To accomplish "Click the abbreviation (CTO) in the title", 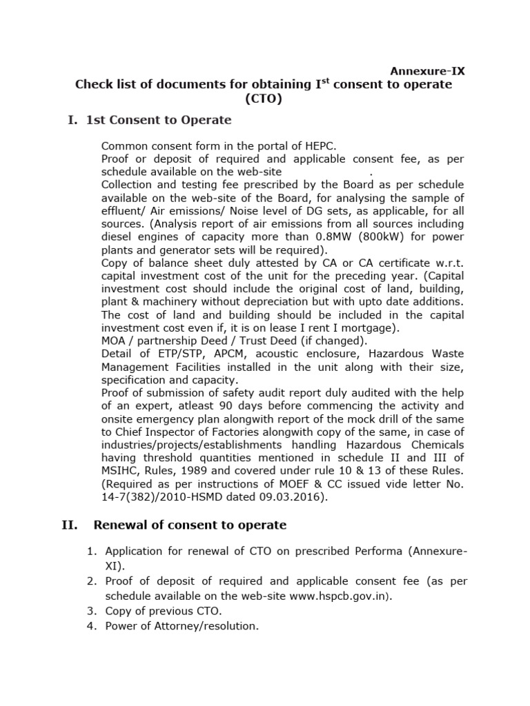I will click(264, 99).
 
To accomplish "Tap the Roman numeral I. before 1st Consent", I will click(72, 121).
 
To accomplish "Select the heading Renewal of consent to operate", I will click(190, 525).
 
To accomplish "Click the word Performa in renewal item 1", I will click(378, 551).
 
